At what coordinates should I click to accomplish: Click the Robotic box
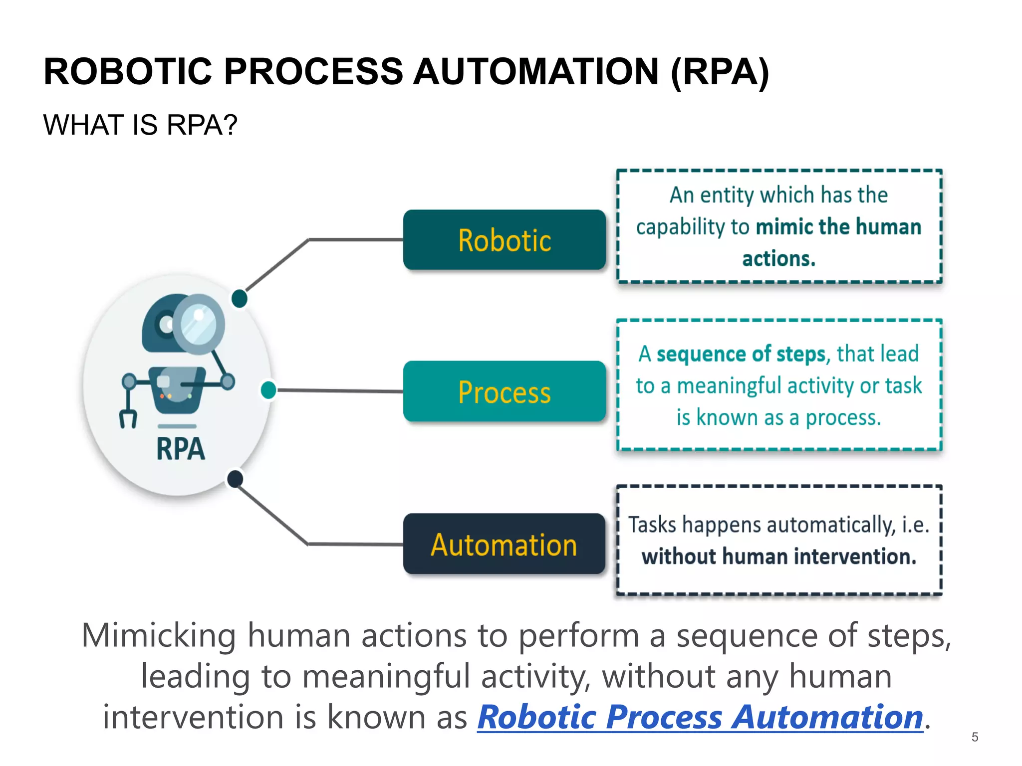click(x=504, y=240)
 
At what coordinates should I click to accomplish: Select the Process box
click(x=504, y=391)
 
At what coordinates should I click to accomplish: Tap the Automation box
click(x=504, y=544)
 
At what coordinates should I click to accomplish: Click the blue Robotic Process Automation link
click(x=700, y=717)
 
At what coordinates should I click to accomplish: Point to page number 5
click(x=975, y=737)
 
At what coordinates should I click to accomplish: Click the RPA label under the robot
click(x=180, y=448)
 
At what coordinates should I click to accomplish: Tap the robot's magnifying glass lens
click(x=199, y=324)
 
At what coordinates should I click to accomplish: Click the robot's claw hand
click(x=128, y=418)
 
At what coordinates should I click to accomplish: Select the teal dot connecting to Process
click(x=268, y=390)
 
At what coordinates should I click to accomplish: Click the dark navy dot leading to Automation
click(x=235, y=479)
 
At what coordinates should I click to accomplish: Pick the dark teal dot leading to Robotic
click(x=240, y=298)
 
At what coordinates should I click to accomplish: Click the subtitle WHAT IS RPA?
click(x=140, y=125)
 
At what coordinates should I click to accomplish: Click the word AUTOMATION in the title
click(x=536, y=71)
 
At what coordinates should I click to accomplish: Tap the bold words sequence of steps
click(x=741, y=354)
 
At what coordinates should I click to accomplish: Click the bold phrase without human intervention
click(x=778, y=557)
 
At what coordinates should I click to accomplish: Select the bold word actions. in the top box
click(x=778, y=259)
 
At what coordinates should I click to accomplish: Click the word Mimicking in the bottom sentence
click(x=158, y=636)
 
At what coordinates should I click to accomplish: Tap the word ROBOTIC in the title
click(x=128, y=71)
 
